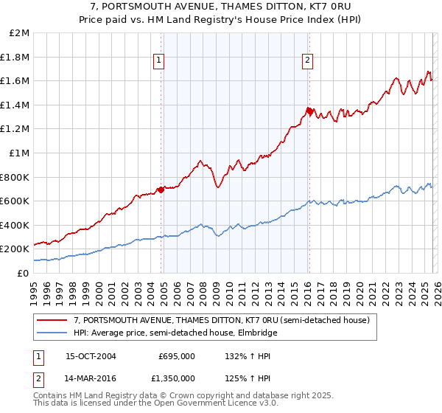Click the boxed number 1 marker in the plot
click(x=159, y=61)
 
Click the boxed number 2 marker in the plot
click(x=307, y=61)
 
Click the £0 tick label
click(x=24, y=273)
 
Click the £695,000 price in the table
click(x=176, y=356)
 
